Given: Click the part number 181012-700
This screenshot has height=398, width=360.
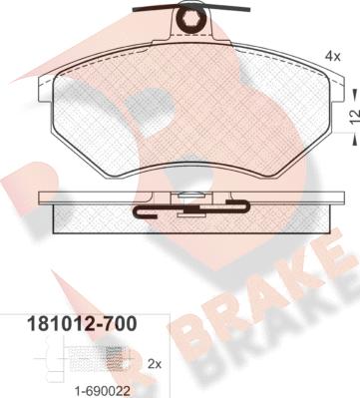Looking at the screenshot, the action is pos(82,324).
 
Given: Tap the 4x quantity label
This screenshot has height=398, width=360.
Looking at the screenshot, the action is pos(333,57).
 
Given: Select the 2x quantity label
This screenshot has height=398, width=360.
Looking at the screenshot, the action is pos(154,364).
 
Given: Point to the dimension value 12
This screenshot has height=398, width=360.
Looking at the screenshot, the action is pos(355,116).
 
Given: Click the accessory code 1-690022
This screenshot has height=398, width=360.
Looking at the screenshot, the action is pos(101,391).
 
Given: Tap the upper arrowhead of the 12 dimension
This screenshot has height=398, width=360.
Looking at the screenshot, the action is pos(355,92).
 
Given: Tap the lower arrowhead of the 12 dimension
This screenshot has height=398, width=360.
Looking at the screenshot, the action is pos(355,141).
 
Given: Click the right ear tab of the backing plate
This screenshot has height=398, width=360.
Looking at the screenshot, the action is pos(337,90).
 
